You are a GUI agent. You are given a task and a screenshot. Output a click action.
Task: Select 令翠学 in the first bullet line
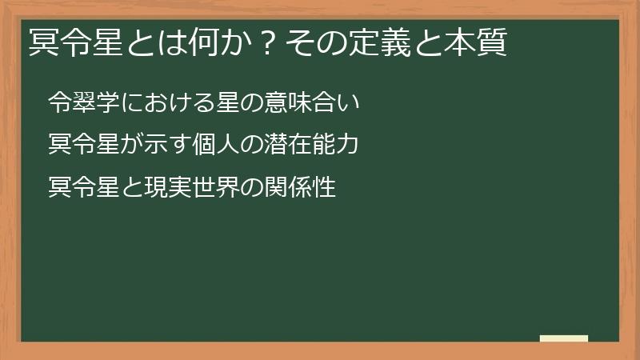tap(84, 102)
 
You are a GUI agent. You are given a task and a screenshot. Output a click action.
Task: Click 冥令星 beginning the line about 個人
tap(84, 146)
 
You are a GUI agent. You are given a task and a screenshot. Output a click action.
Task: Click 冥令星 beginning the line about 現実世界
tap(84, 189)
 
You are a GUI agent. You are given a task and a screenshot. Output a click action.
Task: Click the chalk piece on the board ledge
tap(564, 338)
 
